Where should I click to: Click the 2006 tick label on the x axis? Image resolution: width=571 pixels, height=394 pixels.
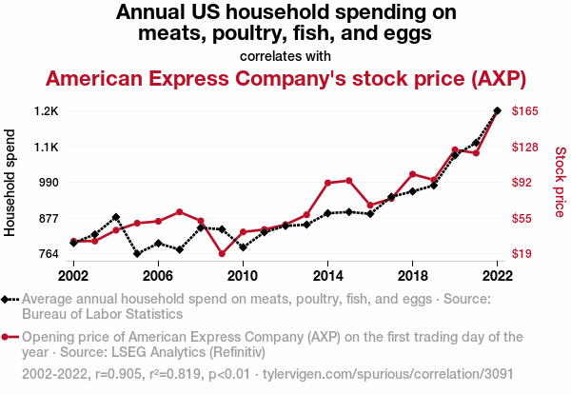click(158, 275)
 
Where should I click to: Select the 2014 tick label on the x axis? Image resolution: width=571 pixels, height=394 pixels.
click(327, 275)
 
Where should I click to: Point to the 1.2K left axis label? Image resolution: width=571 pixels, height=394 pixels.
click(45, 111)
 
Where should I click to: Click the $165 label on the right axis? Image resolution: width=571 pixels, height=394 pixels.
click(526, 111)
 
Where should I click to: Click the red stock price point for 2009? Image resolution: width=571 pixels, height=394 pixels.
click(222, 253)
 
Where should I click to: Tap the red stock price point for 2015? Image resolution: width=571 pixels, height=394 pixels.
click(349, 180)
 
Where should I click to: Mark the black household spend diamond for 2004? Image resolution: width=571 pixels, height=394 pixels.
click(116, 217)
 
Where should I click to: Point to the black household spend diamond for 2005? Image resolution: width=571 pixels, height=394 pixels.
click(137, 254)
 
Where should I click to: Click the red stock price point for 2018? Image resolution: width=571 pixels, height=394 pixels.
click(412, 174)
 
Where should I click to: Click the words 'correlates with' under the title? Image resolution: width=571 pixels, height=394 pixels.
click(285, 56)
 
